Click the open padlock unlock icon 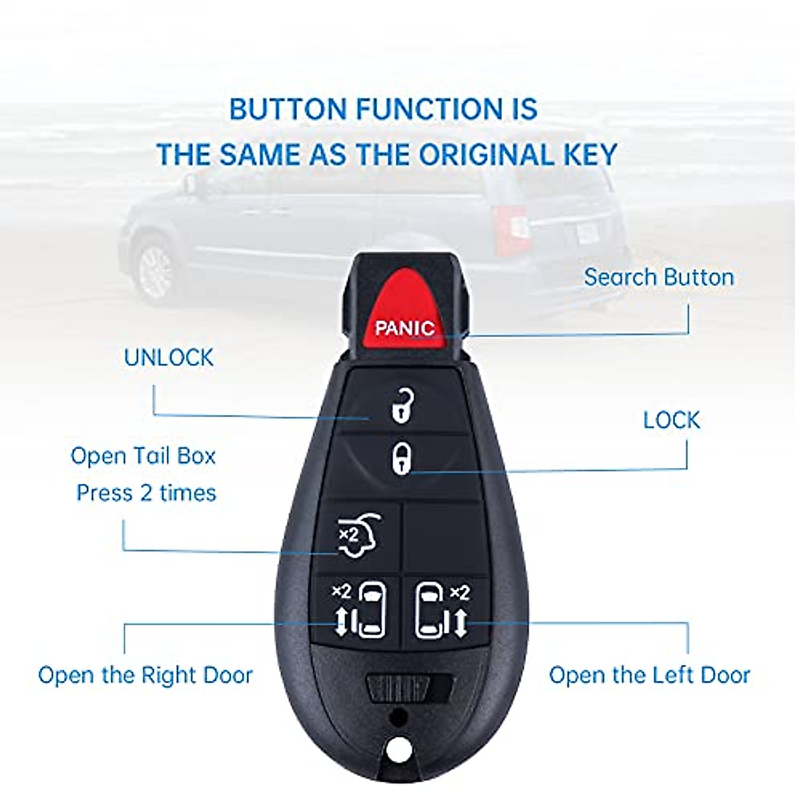click(x=400, y=405)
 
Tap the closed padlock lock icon click(x=400, y=459)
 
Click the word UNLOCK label click(x=169, y=358)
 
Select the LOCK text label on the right click(x=672, y=421)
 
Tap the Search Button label click(x=659, y=277)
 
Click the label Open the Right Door click(x=146, y=675)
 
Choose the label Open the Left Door click(x=649, y=675)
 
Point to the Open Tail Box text click(x=144, y=456)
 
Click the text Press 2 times click(x=146, y=493)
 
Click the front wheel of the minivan click(x=157, y=270)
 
